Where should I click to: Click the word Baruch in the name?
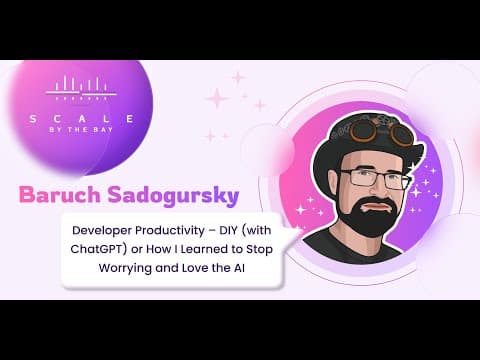(x=60, y=195)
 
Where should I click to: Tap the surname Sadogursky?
(x=173, y=196)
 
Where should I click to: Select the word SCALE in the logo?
(x=82, y=119)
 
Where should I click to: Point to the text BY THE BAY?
(x=81, y=130)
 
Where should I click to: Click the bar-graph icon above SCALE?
(x=81, y=88)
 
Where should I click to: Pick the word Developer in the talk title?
(x=103, y=231)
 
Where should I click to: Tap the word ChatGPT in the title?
(x=99, y=249)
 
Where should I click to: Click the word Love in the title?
(x=195, y=268)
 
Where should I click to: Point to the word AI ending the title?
(x=239, y=268)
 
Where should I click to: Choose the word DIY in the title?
(x=228, y=230)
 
